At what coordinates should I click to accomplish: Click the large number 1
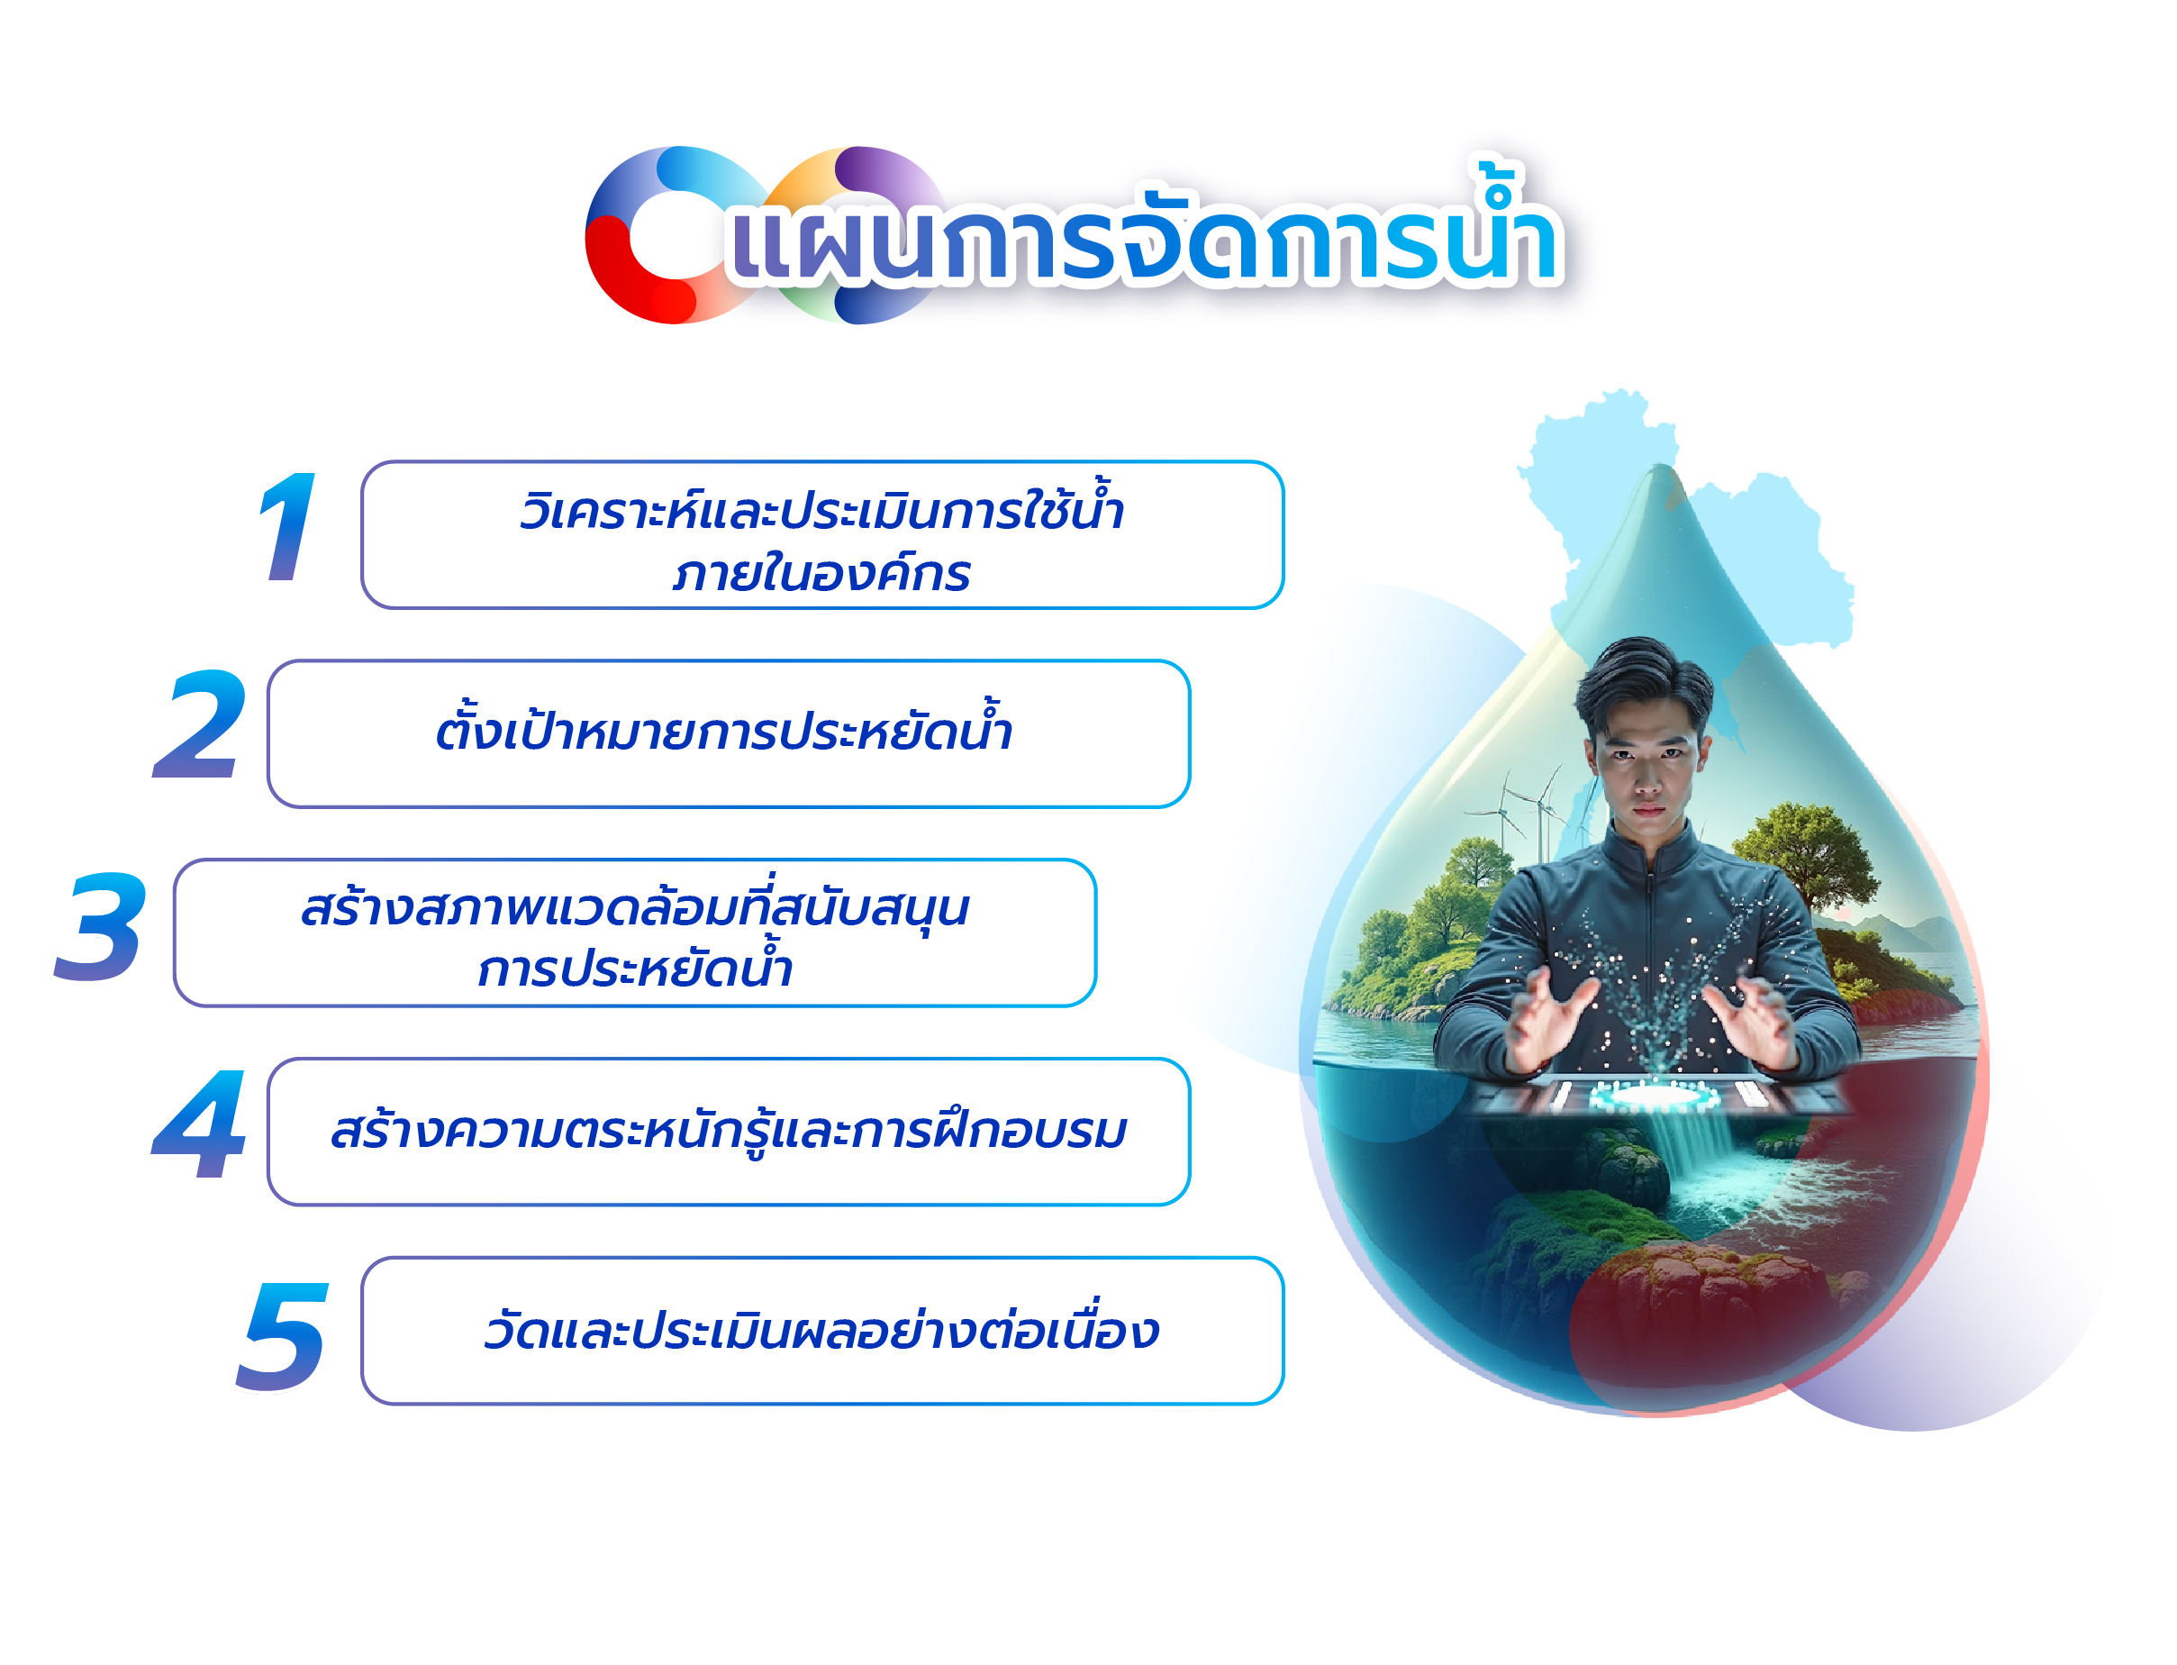(287, 526)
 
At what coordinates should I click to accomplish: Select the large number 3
(100, 926)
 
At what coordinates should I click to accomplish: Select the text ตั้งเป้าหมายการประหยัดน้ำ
(724, 726)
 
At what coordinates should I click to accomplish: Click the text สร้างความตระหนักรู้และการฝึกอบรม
(729, 1129)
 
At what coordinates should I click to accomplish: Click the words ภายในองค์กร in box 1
(821, 574)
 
